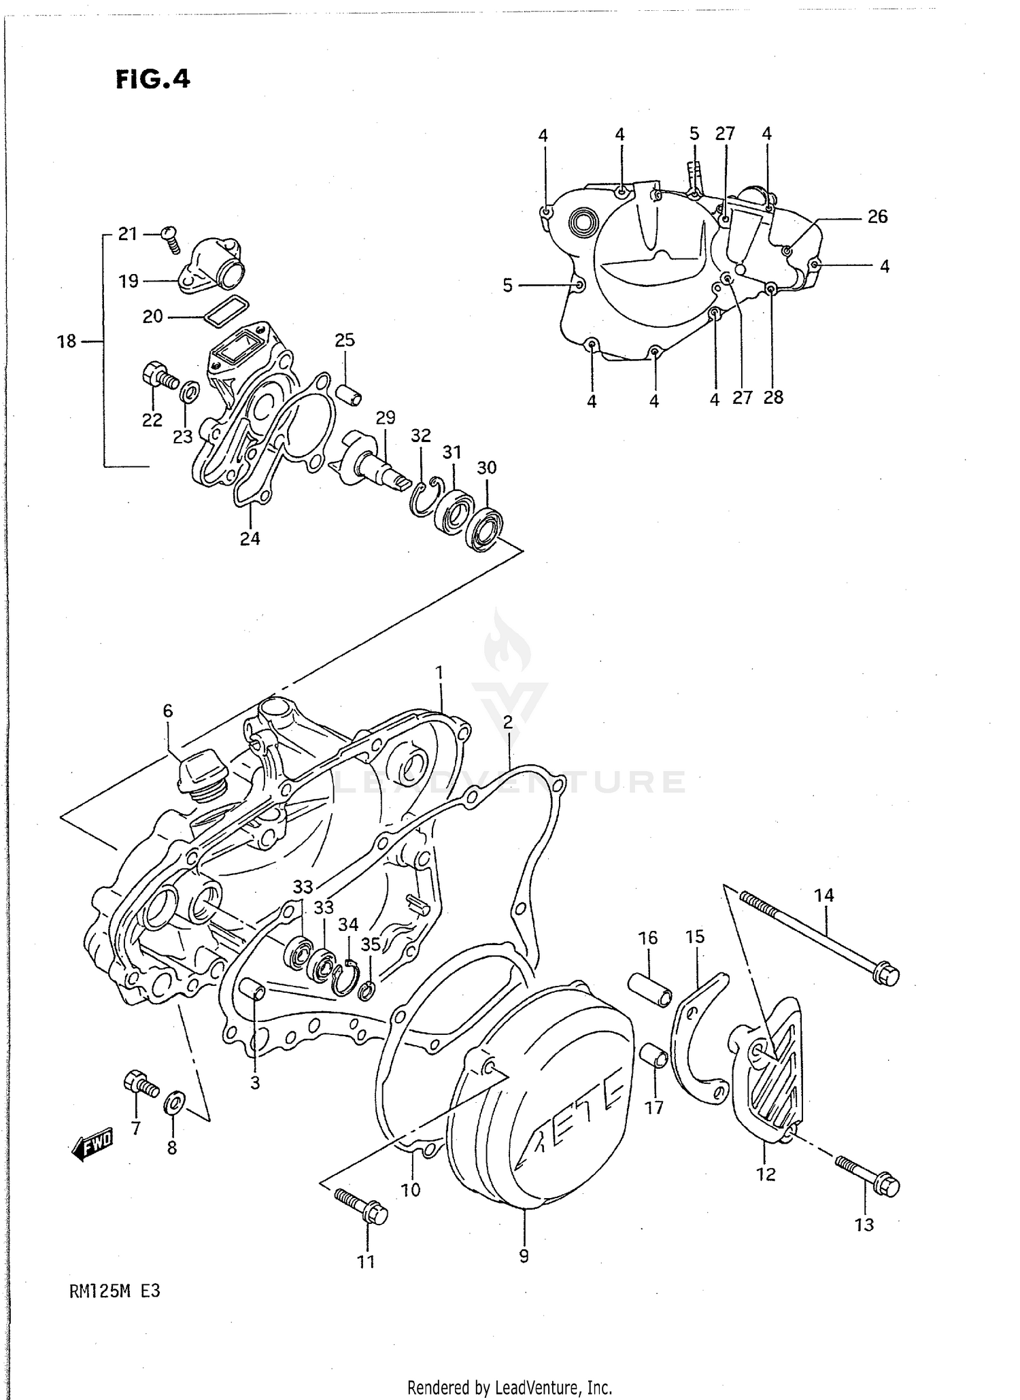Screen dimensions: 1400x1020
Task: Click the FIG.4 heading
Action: coord(152,80)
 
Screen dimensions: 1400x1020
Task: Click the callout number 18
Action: coord(67,341)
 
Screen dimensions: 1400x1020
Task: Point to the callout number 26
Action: coord(877,216)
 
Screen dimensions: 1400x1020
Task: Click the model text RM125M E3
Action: coord(114,1310)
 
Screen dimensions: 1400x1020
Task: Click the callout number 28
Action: coord(773,397)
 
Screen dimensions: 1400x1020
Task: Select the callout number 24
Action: coord(250,538)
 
